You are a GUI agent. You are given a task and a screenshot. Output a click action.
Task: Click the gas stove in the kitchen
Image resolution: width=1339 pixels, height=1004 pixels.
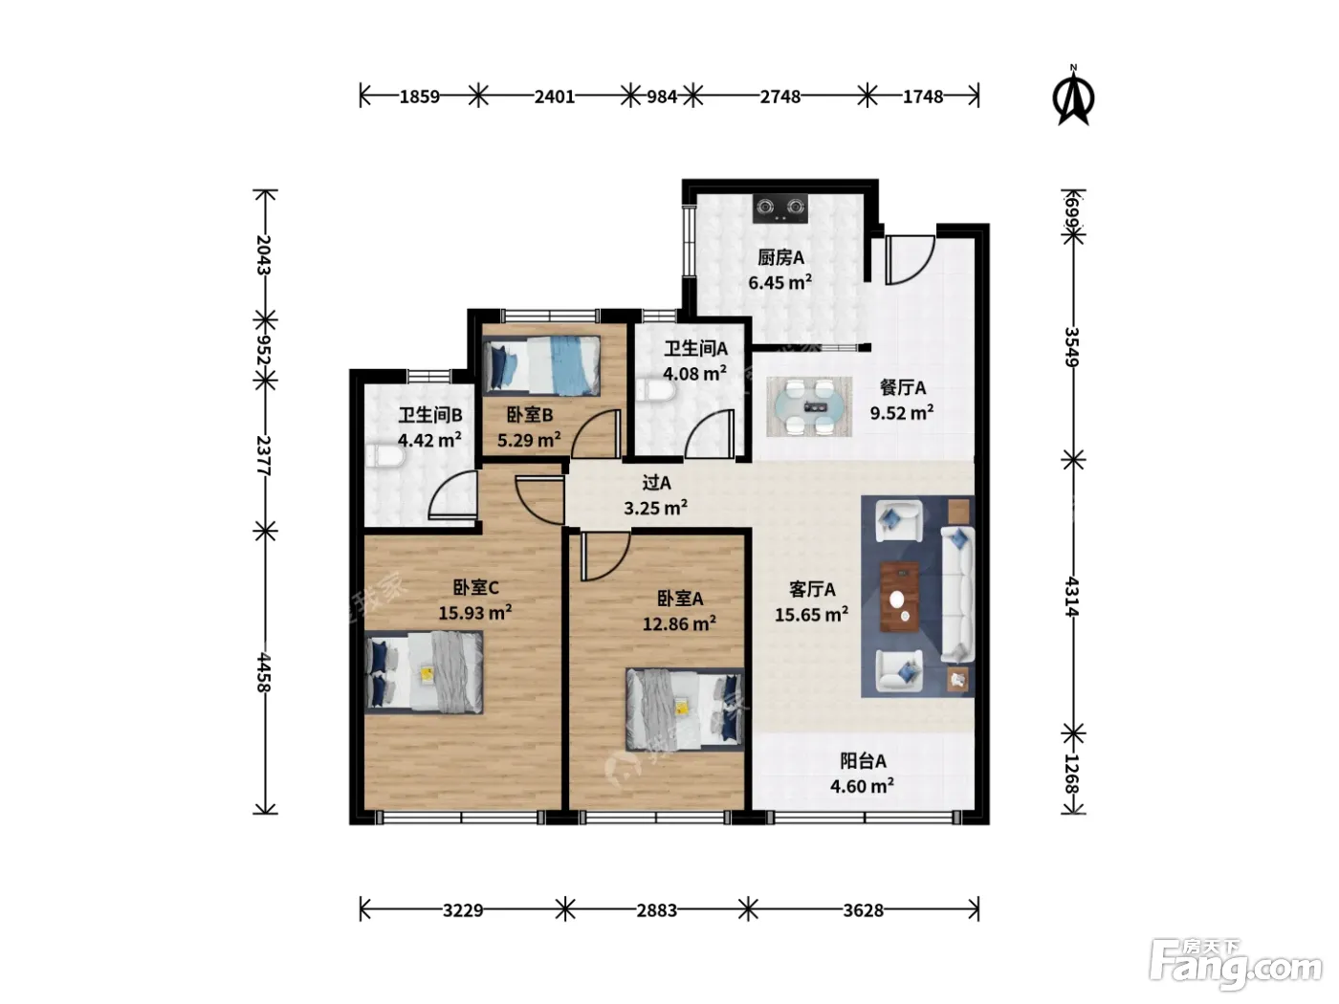(779, 208)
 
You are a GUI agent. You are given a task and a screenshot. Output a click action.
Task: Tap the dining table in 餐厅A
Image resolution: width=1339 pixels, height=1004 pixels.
(809, 406)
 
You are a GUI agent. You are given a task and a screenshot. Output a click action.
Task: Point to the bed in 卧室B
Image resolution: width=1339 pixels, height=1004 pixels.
(541, 366)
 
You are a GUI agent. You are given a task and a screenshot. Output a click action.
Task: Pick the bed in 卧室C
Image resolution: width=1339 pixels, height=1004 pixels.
(424, 672)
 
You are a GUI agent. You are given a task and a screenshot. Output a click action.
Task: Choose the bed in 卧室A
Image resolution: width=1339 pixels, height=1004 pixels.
(685, 709)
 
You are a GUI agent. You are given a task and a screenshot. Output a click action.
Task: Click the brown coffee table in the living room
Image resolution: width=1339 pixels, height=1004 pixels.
(899, 597)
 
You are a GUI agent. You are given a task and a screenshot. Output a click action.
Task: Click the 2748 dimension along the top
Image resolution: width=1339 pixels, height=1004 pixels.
(779, 97)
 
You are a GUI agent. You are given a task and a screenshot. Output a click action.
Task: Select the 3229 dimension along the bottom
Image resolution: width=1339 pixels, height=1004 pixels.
(462, 910)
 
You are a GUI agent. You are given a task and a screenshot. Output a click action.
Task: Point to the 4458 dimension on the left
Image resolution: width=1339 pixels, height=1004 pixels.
(263, 672)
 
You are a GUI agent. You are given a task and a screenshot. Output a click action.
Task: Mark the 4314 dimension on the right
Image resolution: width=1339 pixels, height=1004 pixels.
(1072, 597)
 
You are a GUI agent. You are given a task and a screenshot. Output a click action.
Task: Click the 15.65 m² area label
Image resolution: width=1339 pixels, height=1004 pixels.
(811, 615)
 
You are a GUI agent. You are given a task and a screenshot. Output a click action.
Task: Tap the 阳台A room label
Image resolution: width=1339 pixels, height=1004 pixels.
(863, 761)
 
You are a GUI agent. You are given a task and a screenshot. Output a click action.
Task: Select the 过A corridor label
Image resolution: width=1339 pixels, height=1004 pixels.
(656, 483)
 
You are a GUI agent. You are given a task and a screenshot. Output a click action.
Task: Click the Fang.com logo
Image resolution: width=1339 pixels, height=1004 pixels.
(1236, 965)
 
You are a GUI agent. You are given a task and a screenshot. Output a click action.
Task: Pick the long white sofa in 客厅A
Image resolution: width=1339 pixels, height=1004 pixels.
(957, 595)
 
